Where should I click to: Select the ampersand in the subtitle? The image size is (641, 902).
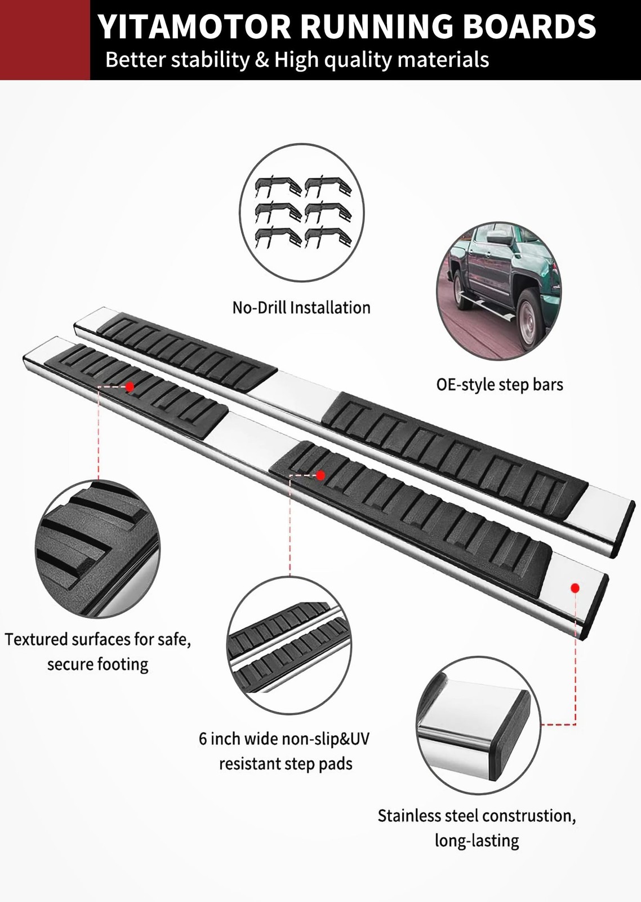point(261,60)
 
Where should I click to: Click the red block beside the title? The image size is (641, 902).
point(44,39)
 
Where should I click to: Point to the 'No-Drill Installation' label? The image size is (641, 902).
point(301,308)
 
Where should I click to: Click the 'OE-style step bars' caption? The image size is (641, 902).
point(500,384)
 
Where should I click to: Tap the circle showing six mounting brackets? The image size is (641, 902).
point(302,213)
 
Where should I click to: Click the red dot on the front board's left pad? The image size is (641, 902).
point(130,387)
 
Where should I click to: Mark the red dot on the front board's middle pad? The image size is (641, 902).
point(320,475)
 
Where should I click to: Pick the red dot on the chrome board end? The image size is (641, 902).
point(575,588)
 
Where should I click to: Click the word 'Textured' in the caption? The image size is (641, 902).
point(37,639)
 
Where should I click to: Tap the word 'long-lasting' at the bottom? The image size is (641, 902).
point(477,841)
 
